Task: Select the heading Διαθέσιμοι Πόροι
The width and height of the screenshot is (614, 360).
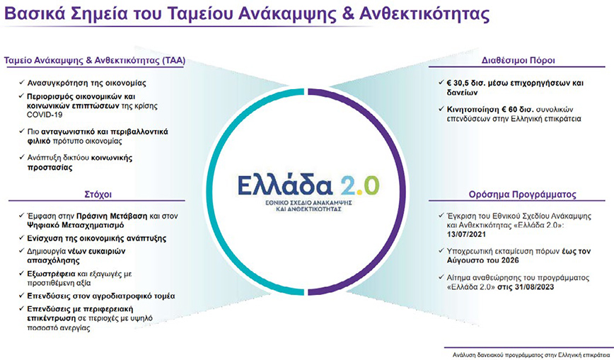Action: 518,60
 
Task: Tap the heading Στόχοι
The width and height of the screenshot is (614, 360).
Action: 98,194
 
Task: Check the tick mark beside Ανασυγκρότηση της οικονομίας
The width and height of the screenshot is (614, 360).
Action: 21,83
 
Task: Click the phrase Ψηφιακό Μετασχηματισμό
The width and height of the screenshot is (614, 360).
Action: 76,225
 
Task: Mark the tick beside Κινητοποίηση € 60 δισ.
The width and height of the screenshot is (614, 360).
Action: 441,109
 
